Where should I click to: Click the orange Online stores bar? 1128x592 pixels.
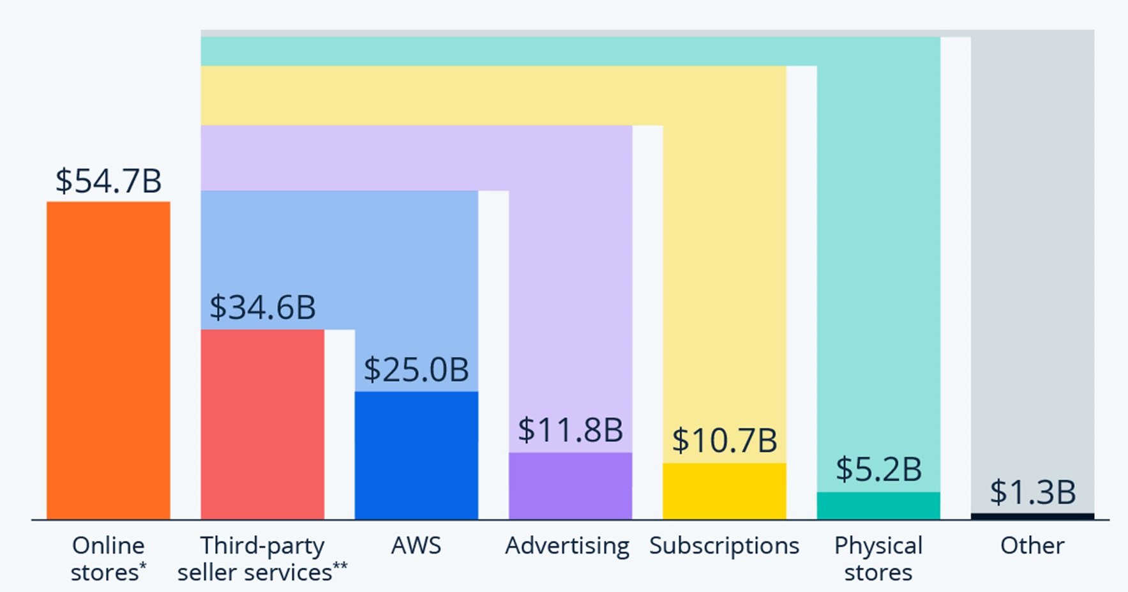[109, 360]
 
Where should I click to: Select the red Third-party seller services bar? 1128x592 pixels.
[262, 424]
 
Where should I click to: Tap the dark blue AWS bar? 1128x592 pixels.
[416, 455]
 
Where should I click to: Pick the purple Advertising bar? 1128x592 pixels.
[570, 485]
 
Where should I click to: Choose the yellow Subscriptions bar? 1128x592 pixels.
[725, 490]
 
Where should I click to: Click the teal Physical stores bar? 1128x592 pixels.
[878, 505]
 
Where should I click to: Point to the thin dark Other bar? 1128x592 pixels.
[1032, 516]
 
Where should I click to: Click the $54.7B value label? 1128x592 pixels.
[109, 181]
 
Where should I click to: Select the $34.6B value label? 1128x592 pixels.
[262, 307]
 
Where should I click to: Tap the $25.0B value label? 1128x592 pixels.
[416, 370]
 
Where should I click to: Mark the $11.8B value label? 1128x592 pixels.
[570, 430]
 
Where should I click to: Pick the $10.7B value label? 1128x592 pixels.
[725, 441]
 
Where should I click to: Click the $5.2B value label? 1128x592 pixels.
[878, 469]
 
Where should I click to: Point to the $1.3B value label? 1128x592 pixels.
[1032, 492]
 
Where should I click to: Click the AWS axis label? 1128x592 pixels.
[416, 546]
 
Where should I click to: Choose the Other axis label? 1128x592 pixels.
[1032, 546]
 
